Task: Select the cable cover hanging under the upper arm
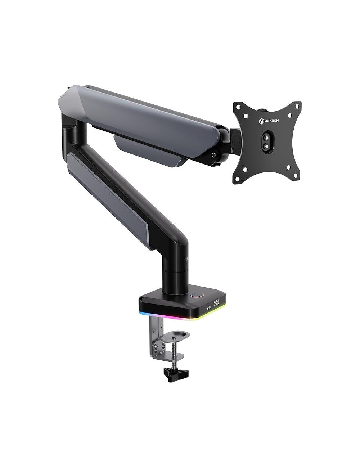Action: click(151, 151)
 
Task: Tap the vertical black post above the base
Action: click(175, 268)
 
